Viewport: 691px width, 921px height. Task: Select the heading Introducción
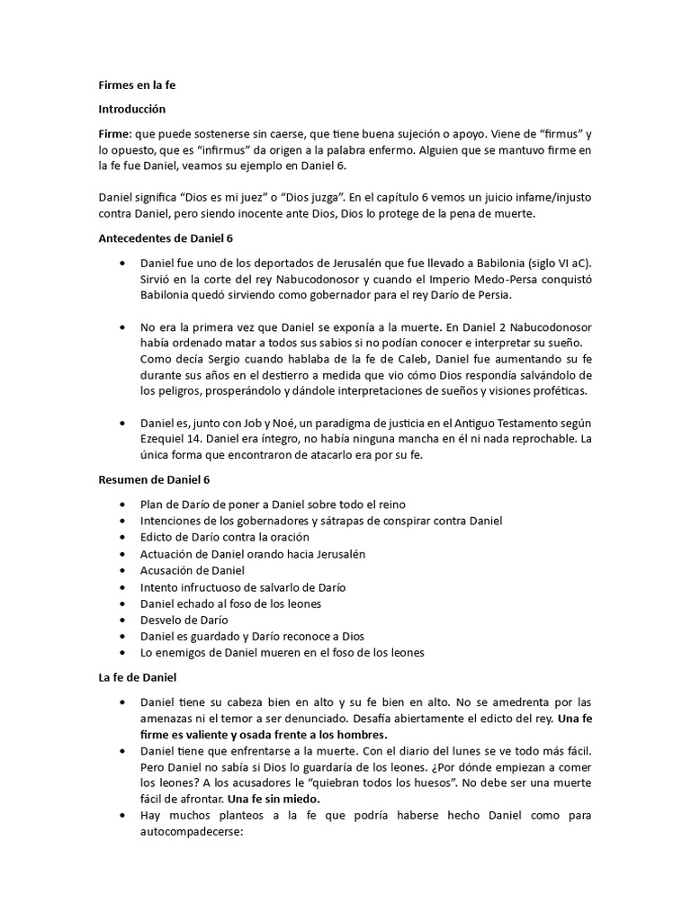point(132,109)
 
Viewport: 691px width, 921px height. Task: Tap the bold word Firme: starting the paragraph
point(115,132)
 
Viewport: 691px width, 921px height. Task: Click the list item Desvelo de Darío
point(184,619)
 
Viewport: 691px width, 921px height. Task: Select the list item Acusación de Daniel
point(193,570)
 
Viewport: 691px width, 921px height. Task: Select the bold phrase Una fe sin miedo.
point(274,797)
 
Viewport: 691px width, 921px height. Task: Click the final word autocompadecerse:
point(192,833)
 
